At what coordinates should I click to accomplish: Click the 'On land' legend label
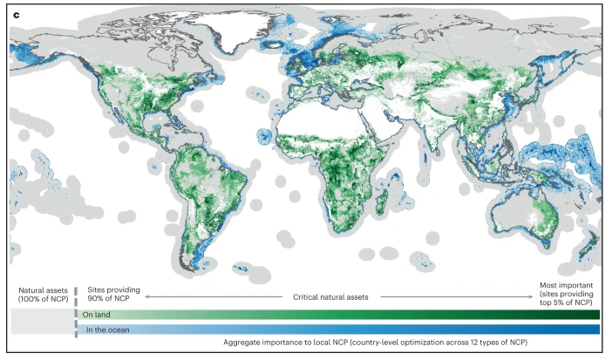pos(97,315)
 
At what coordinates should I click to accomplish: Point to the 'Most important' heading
pos(567,285)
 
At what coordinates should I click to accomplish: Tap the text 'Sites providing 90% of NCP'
pos(111,294)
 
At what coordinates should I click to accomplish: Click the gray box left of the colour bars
pos(39,322)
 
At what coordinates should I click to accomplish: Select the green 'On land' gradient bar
pos(349,315)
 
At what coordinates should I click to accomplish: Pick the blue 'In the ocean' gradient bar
pos(349,329)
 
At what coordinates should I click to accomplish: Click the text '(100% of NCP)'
pos(38,299)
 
